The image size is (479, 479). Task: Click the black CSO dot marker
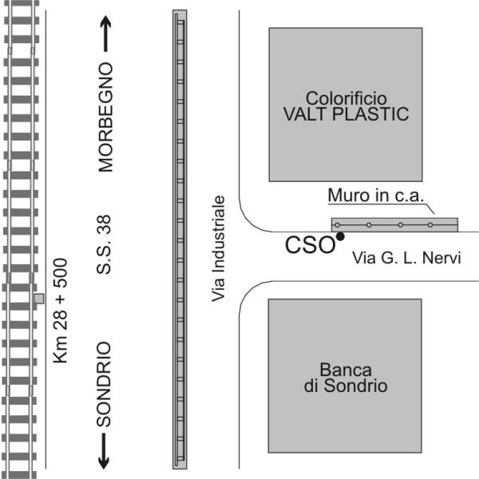(x=340, y=236)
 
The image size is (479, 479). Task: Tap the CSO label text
(x=310, y=245)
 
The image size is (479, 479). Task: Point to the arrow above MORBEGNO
(x=107, y=36)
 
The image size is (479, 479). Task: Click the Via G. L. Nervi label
(x=407, y=258)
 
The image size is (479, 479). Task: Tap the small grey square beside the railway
(x=38, y=299)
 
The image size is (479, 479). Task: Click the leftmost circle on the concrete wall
(x=338, y=224)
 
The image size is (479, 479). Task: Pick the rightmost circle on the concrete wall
(x=430, y=224)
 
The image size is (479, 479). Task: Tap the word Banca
(x=346, y=369)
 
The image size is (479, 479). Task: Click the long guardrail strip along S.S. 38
(x=180, y=239)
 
